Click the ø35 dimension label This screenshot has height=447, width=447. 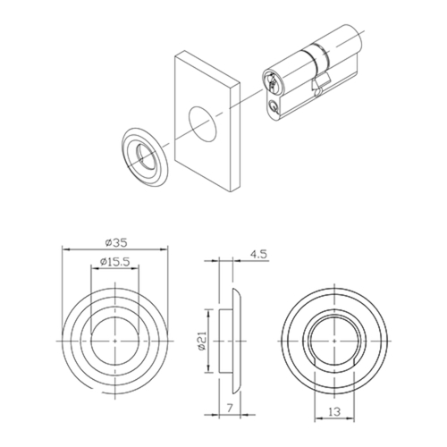[116, 242]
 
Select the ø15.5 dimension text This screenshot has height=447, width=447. [114, 262]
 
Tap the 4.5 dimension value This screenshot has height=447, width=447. [258, 254]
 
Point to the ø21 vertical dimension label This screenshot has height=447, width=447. [202, 341]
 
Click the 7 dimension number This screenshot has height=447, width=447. [230, 407]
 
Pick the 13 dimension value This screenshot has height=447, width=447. [334, 411]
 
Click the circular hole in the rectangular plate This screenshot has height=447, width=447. [202, 122]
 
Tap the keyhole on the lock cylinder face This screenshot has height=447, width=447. [272, 81]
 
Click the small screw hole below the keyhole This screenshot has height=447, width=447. [273, 105]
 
